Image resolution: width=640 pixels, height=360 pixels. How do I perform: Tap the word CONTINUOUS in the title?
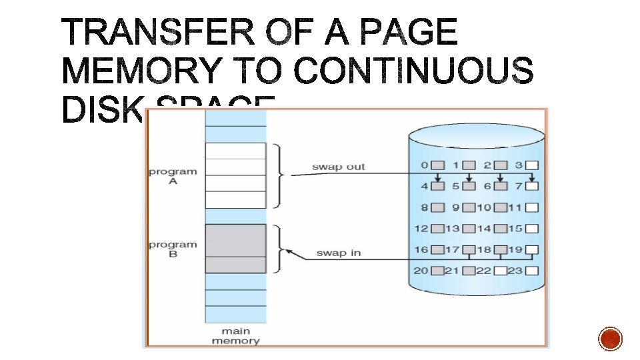pos(414,71)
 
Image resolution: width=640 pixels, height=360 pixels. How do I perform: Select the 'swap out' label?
pos(338,167)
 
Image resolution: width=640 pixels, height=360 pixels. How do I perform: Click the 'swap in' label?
pos(339,253)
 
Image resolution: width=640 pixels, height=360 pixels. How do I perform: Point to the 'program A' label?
pos(173,176)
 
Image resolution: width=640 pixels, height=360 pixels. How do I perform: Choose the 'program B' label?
pos(173,249)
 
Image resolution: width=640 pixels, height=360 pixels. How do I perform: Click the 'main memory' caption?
pos(235,336)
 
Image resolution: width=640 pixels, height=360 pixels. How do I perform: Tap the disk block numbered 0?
pos(437,165)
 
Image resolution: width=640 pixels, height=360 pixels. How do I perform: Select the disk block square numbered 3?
pos(532,165)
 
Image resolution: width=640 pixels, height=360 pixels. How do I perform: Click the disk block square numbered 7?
pos(532,186)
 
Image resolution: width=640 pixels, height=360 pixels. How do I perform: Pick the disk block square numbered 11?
pos(532,207)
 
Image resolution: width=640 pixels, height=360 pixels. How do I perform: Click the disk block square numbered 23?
pos(532,271)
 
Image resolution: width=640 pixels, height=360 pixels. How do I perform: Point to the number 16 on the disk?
pos(421,249)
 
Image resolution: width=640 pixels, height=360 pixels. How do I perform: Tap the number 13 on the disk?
pos(453,229)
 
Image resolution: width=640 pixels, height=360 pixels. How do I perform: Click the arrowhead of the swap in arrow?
pos(289,251)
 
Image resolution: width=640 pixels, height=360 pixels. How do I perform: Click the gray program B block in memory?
pos(235,248)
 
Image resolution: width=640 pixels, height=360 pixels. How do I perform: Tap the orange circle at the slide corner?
pos(610,339)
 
